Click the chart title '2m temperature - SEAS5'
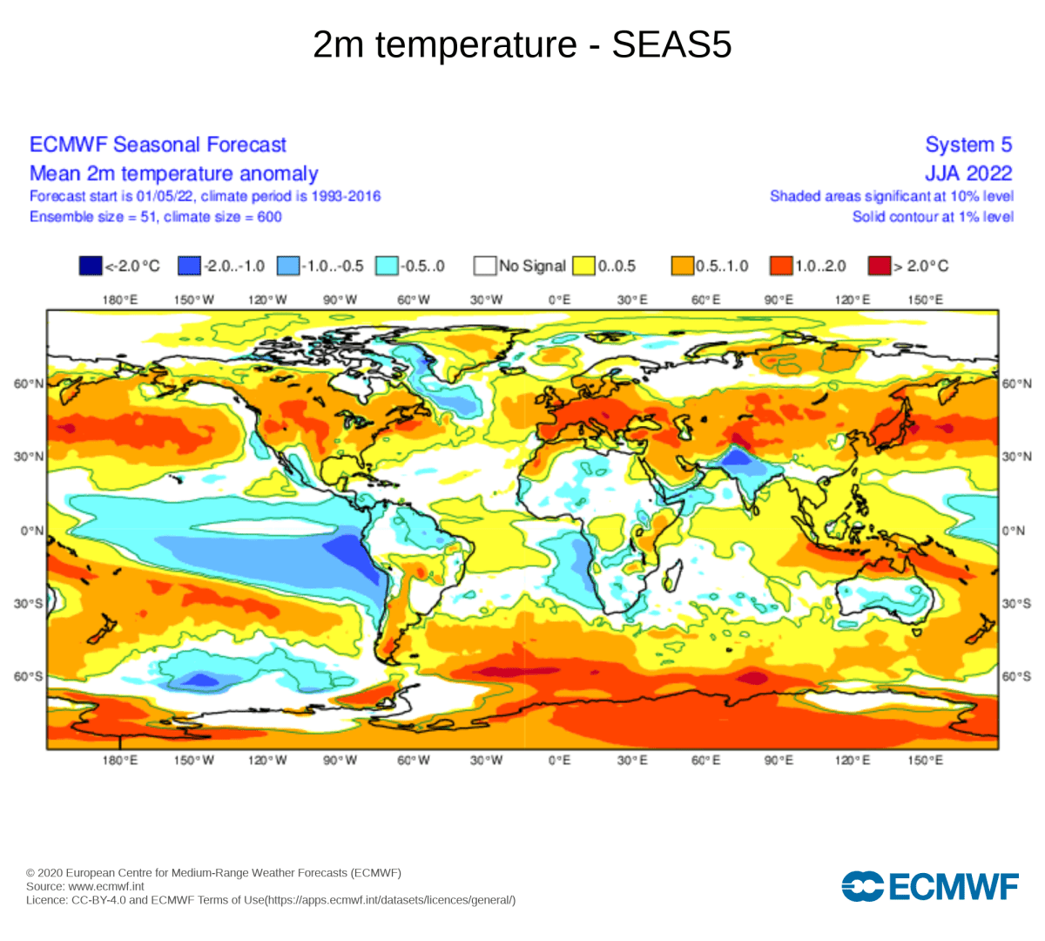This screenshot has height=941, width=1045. pos(522,45)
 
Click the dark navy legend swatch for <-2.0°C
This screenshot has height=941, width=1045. pos(91,266)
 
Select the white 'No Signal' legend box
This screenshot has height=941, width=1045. pos(485,266)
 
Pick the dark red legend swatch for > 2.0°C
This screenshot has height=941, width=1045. pos(880,266)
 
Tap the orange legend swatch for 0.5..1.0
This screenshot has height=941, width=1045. pos(682,266)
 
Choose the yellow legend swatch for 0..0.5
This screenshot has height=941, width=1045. pos(583,266)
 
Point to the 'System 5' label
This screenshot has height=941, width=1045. pos(968,145)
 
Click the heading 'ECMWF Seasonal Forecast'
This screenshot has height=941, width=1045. pos(158,145)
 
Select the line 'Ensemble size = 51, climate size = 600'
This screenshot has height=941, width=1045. pos(156,217)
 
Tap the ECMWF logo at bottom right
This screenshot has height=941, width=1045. pos(929,887)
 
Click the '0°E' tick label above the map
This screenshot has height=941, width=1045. pos(559,300)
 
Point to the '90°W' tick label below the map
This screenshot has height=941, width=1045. pos(340,761)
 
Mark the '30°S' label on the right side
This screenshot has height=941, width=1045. pos(1015,604)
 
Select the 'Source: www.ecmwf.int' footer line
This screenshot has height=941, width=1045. pos(85,886)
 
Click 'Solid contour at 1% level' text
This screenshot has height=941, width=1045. pos(933,217)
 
